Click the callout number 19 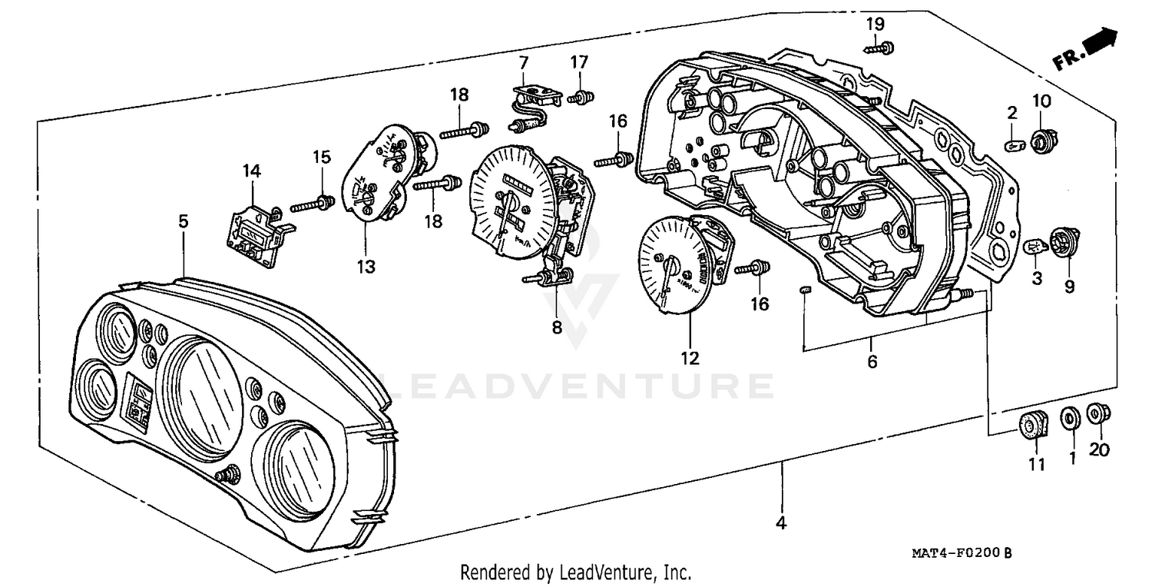[876, 24]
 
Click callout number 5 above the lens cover [183, 221]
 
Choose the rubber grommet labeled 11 [1033, 425]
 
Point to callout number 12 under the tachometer [690, 357]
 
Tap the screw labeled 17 [581, 98]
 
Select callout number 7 [524, 61]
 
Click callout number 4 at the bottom [781, 524]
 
